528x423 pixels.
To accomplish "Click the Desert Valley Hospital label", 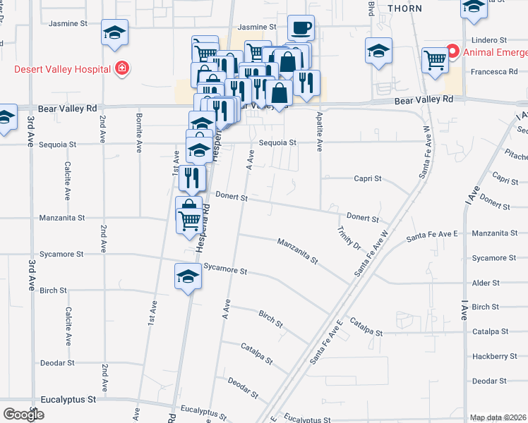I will click(63, 69).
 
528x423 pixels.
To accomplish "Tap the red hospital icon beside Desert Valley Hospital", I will click(122, 68).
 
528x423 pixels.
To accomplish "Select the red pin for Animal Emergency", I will click(452, 52).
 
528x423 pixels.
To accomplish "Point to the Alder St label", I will click(485, 283).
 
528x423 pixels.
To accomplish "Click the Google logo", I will click(23, 414).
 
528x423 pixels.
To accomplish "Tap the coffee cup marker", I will click(301, 27).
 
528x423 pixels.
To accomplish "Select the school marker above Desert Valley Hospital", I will click(114, 33).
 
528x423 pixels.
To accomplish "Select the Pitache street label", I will click(515, 153).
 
